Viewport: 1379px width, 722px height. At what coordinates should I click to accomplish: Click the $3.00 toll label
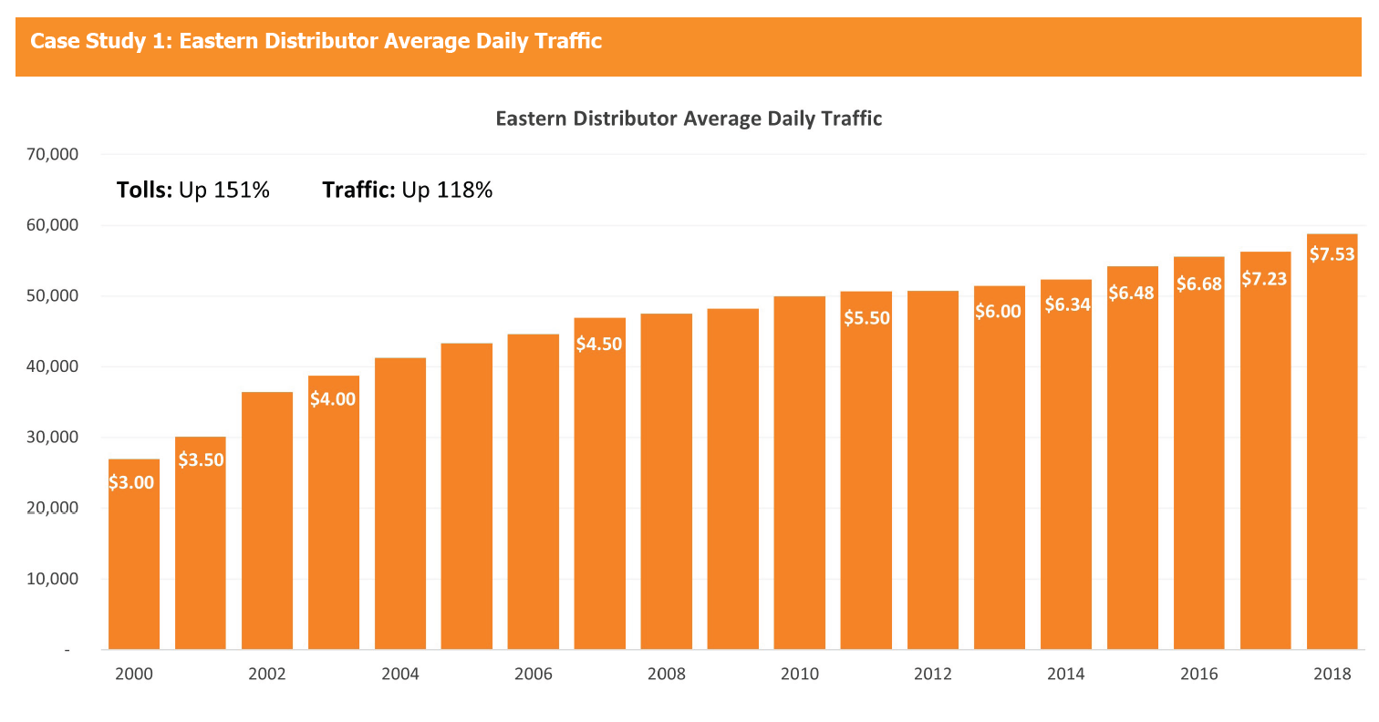point(131,483)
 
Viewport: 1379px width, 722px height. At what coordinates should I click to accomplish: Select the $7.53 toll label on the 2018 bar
point(1332,254)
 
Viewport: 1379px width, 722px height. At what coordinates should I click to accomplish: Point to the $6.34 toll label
point(1065,304)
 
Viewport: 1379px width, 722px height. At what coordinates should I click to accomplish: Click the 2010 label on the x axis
point(799,675)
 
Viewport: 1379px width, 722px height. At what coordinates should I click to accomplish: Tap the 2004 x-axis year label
point(399,675)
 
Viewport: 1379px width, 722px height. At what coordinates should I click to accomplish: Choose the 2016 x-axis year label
point(1198,675)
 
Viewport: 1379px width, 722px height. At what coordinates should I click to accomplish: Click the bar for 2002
point(266,521)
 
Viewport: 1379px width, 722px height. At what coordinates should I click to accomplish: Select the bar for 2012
point(932,469)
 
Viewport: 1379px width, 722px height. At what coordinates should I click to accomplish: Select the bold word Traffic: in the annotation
point(358,191)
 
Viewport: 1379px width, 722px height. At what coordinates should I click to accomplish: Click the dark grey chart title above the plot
point(689,119)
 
